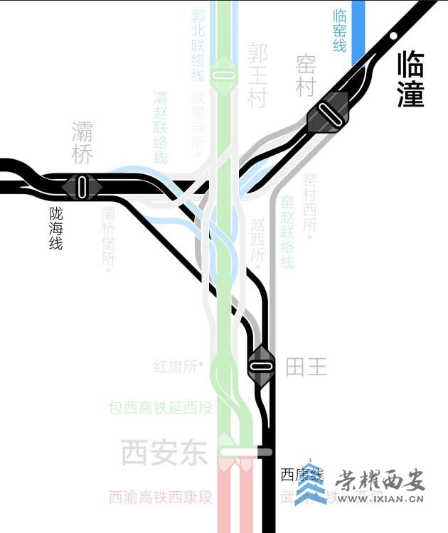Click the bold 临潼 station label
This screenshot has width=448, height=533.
tap(411, 79)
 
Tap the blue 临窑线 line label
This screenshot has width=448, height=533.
tap(340, 30)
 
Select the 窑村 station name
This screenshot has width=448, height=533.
tap(306, 76)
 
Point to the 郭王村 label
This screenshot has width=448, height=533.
tap(257, 75)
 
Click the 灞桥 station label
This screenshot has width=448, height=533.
tap(82, 143)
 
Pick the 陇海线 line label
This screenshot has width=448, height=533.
tap(55, 227)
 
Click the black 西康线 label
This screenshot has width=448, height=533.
tap(302, 474)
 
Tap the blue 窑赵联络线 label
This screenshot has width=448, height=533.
tap(287, 232)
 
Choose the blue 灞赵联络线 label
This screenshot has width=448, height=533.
tap(161, 127)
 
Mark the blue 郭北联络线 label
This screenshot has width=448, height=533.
tap(198, 44)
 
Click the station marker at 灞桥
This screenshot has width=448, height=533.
tap(82, 186)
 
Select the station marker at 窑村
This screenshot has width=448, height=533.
tap(329, 112)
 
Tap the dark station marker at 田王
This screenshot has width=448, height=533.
tap(261, 367)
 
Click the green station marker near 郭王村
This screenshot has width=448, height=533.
tap(225, 75)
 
